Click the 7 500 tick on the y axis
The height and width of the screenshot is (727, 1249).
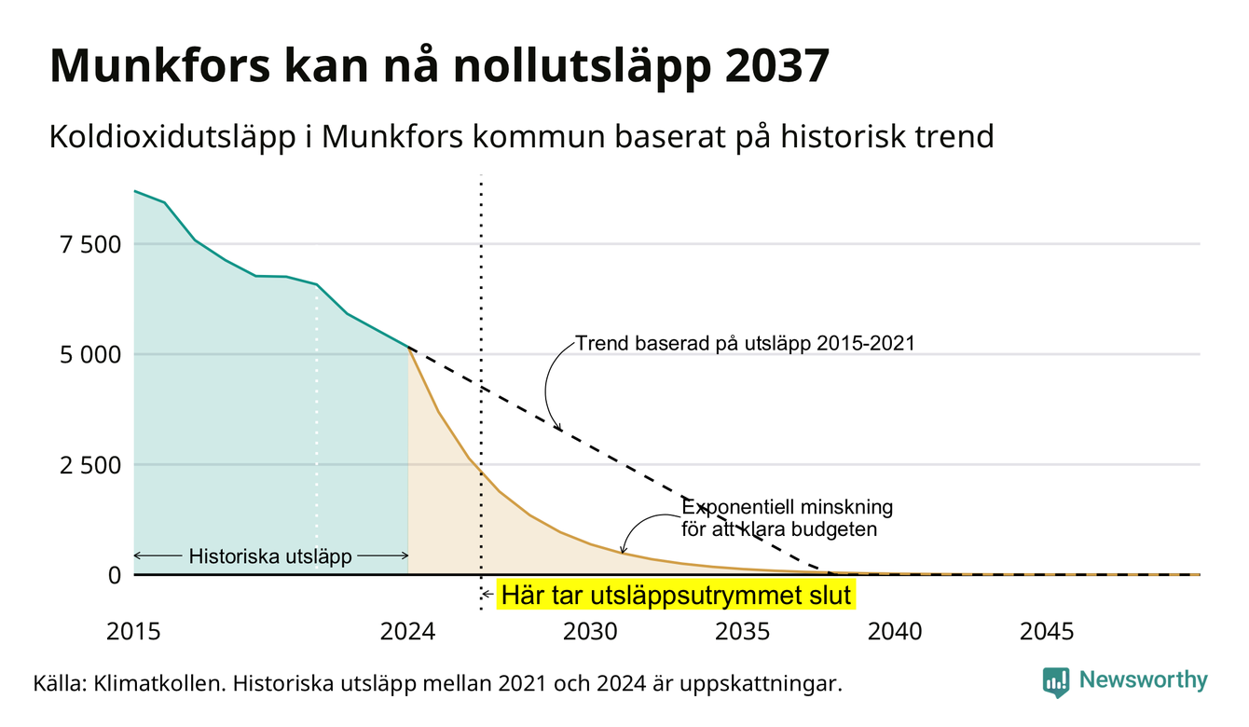click(90, 245)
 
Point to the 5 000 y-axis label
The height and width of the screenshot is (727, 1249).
click(90, 354)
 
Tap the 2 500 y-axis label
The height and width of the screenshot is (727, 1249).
click(90, 465)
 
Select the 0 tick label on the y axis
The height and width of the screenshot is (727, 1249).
click(115, 575)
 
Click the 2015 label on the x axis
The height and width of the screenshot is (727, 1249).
click(133, 632)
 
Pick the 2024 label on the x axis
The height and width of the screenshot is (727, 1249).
click(407, 632)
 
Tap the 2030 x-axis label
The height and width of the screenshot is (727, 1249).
click(591, 632)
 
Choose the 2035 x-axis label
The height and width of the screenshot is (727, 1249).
click(743, 632)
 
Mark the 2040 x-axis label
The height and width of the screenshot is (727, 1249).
click(895, 632)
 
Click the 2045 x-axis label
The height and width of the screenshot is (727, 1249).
click(1047, 632)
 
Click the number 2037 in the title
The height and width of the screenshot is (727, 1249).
click(777, 66)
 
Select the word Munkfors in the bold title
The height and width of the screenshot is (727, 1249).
click(160, 66)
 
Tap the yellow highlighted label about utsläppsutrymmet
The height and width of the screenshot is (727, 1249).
click(677, 595)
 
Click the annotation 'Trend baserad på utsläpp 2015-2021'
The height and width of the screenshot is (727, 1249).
click(745, 343)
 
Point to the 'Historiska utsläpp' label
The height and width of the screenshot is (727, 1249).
click(270, 556)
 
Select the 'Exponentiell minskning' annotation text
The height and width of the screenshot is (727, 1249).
click(788, 507)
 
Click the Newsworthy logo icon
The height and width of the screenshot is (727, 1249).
click(1056, 682)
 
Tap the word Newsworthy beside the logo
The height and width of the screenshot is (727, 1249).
click(1144, 680)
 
